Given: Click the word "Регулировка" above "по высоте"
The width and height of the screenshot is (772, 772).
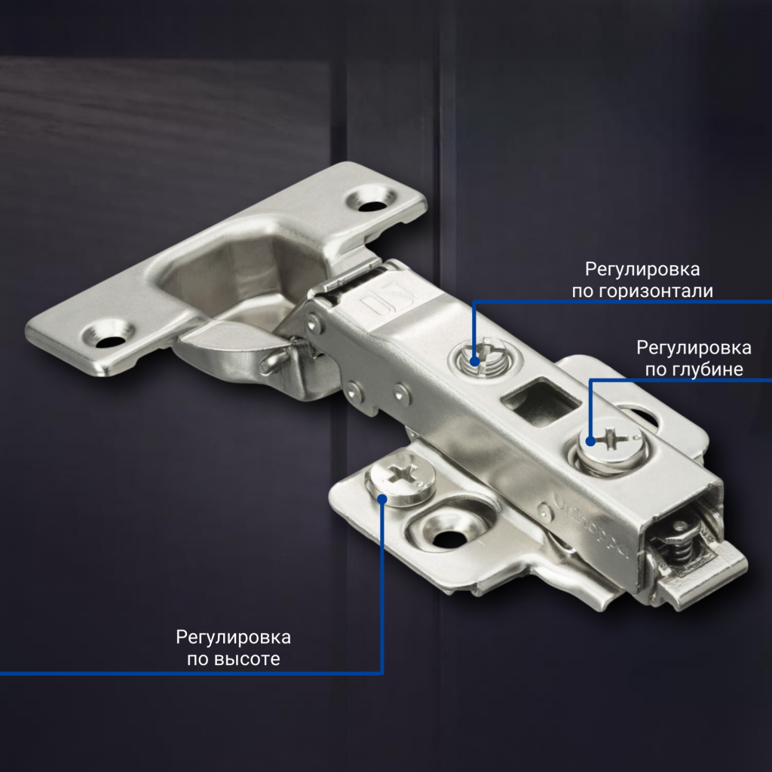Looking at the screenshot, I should click(233, 638).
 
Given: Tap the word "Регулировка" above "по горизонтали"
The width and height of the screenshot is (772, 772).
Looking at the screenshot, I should click(642, 269).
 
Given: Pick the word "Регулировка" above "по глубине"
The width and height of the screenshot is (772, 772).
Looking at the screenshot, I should click(694, 348).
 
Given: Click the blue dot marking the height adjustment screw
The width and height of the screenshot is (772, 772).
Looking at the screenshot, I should click(382, 498).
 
